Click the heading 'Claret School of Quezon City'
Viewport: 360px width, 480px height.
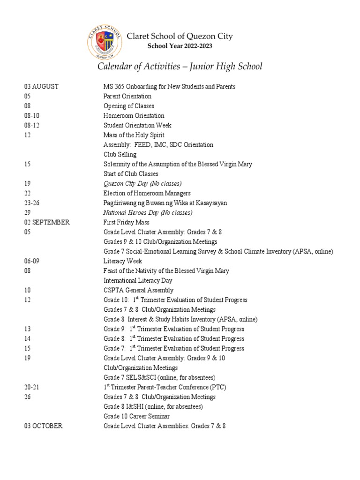pyautogui.click(x=180, y=36)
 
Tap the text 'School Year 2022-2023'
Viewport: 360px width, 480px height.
pyautogui.click(x=180, y=46)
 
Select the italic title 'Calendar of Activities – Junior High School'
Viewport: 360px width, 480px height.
pyautogui.click(x=180, y=67)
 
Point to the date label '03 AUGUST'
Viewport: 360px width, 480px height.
pyautogui.click(x=42, y=87)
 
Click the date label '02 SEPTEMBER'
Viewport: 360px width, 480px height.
pyautogui.click(x=47, y=223)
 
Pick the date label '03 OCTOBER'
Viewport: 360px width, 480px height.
pyautogui.click(x=43, y=426)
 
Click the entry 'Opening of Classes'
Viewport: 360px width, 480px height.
pyautogui.click(x=129, y=106)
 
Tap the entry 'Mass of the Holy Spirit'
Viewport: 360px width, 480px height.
pyautogui.click(x=134, y=135)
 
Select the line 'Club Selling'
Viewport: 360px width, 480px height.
pyautogui.click(x=120, y=154)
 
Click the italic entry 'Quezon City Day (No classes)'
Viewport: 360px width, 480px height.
pyautogui.click(x=142, y=183)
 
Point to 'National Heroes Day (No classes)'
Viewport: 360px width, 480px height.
pyautogui.click(x=148, y=213)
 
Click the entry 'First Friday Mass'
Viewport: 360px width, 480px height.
pyautogui.click(x=127, y=223)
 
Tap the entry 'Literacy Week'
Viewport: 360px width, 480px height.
pyautogui.click(x=123, y=261)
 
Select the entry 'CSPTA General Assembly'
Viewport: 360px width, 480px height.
pyautogui.click(x=139, y=290)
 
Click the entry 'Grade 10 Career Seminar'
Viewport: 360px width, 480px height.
pyautogui.click(x=137, y=416)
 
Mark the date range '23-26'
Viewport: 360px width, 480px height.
pyautogui.click(x=32, y=203)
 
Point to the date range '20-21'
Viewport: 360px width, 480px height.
pyautogui.click(x=32, y=387)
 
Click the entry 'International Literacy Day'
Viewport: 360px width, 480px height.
pyautogui.click(x=138, y=280)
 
